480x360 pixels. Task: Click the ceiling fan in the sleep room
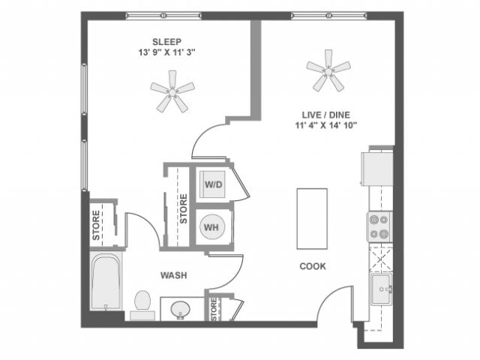172,91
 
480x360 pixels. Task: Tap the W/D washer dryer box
212,184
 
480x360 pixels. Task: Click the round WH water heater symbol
212,226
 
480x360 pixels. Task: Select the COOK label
312,266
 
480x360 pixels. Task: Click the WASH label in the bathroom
173,276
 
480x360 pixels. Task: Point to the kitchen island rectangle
312,218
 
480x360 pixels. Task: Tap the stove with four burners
379,226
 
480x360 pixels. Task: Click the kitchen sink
380,288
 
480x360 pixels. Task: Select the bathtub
106,281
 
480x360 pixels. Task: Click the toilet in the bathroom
142,304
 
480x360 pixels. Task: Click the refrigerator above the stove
377,168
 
